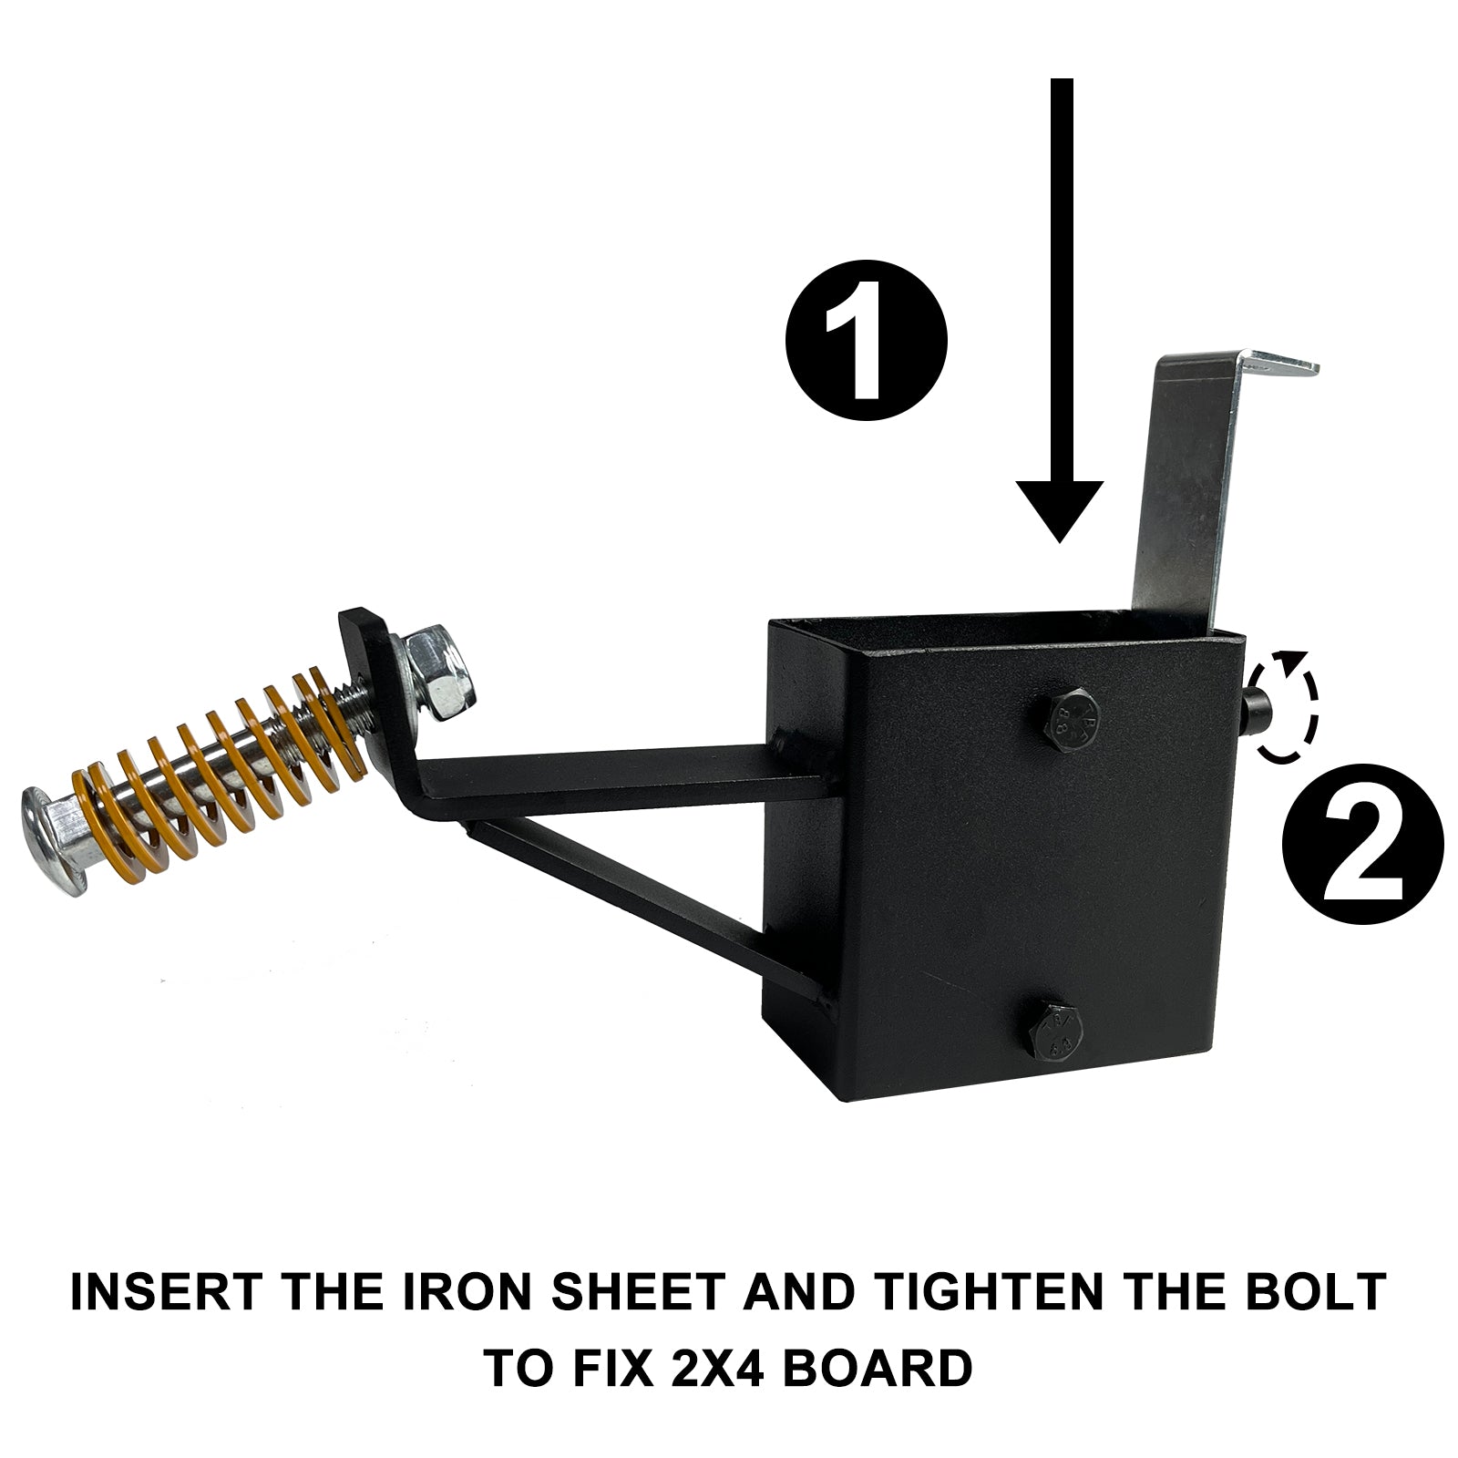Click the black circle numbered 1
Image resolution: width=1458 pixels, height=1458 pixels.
(867, 342)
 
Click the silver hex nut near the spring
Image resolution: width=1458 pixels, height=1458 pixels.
(435, 678)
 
